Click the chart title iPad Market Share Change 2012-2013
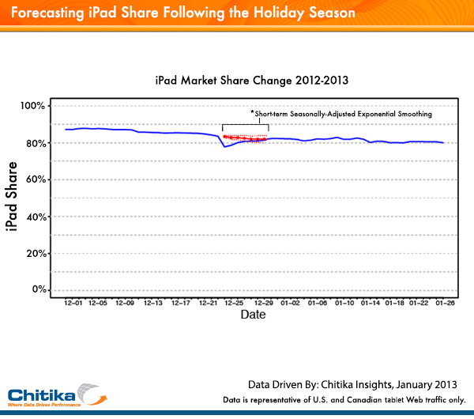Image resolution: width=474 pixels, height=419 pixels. tap(252, 81)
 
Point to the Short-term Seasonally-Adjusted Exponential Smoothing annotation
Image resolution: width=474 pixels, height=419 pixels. tap(341, 114)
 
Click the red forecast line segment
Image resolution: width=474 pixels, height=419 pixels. tap(246, 138)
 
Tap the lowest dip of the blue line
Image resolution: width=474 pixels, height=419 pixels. tap(224, 146)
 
